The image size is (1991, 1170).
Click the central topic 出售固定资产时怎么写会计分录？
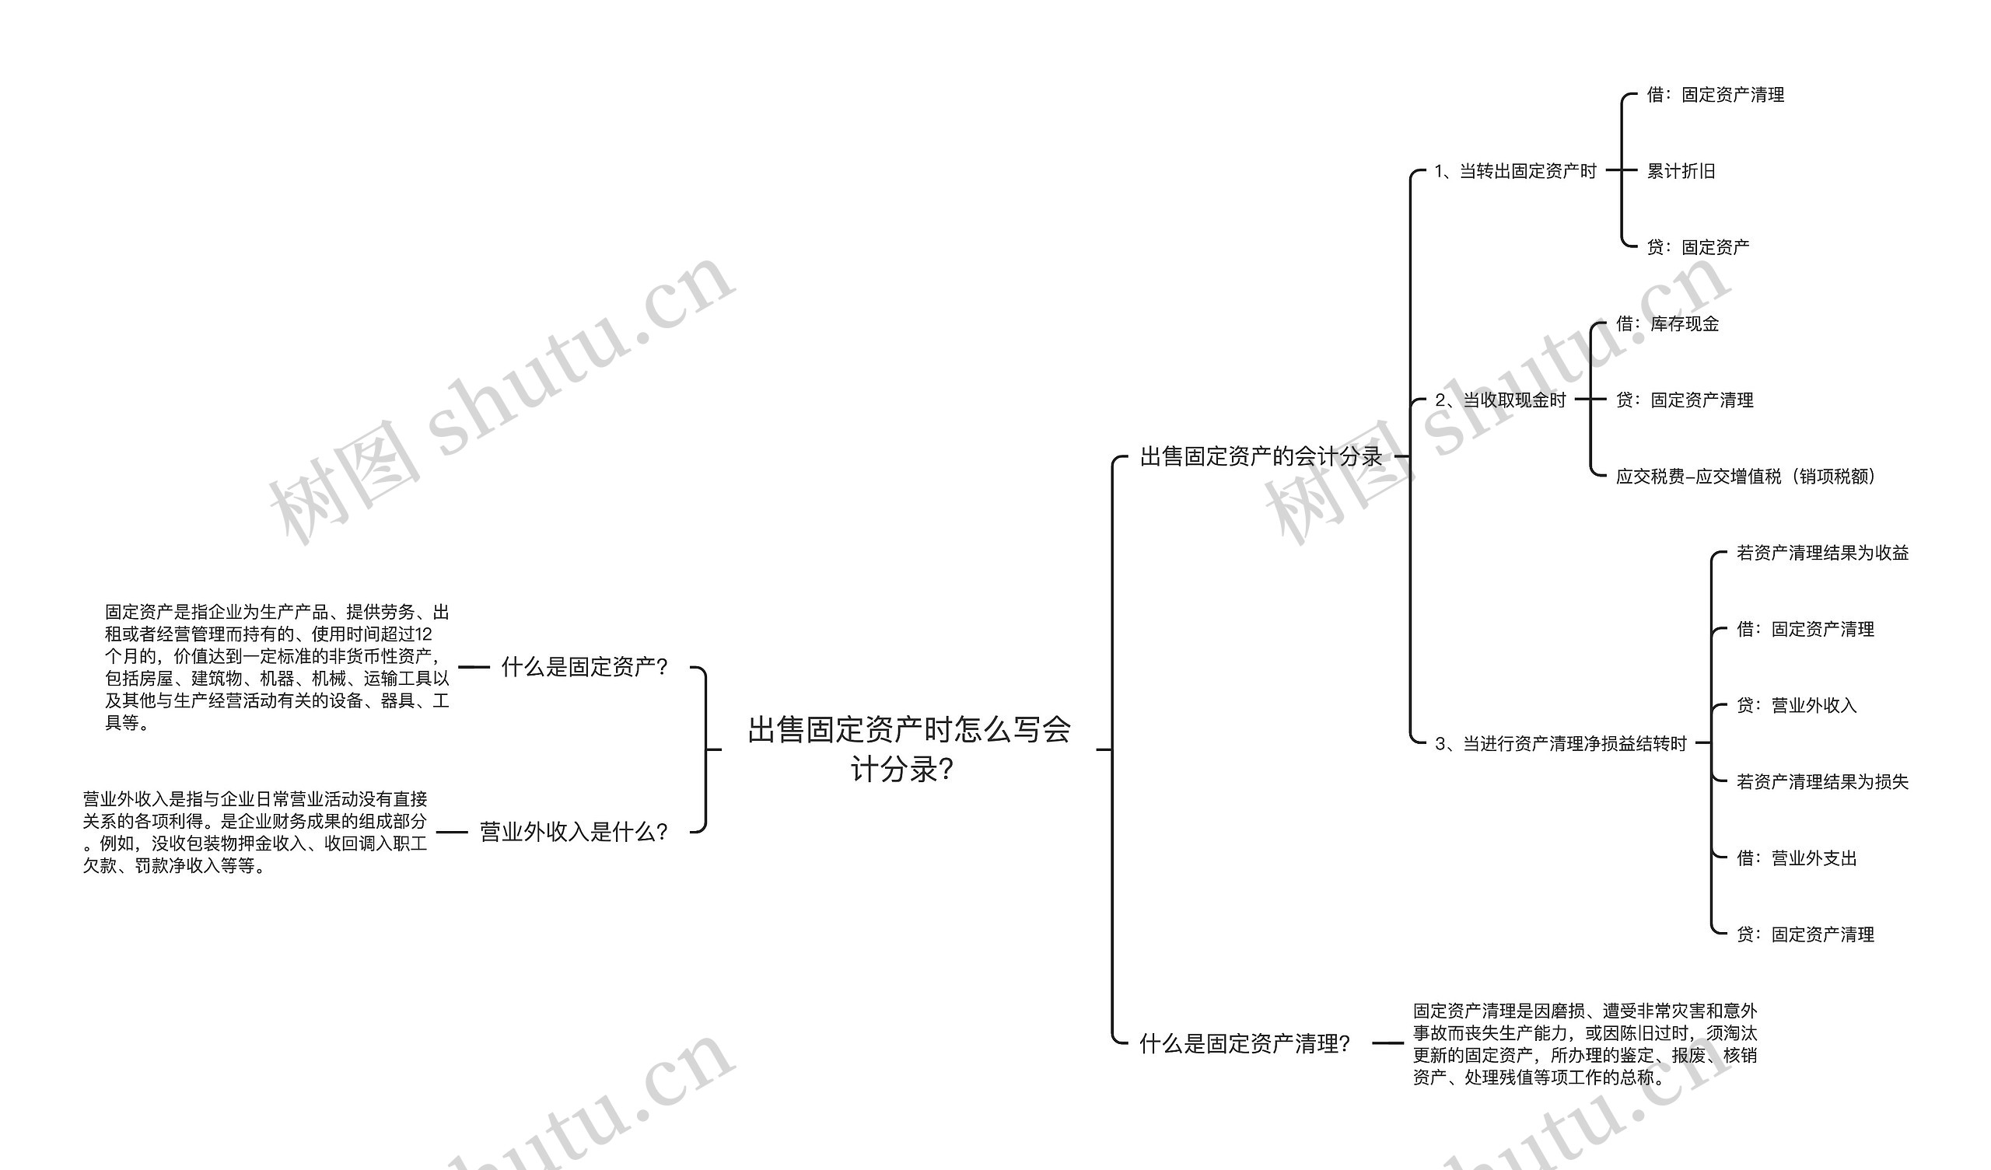(x=908, y=748)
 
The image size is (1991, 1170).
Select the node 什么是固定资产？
(x=585, y=667)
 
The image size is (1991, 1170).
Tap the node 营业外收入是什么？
(x=575, y=832)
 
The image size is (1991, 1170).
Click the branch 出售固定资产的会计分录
(x=1260, y=456)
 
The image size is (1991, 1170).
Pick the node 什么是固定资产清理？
(x=1244, y=1043)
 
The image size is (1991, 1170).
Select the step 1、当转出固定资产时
(x=1515, y=171)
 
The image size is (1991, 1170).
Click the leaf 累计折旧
(x=1681, y=171)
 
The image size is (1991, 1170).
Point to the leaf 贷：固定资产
(x=1698, y=247)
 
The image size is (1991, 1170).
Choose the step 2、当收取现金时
(x=1499, y=400)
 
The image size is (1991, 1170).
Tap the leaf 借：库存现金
(x=1667, y=323)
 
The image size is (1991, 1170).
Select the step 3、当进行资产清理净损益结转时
(x=1560, y=743)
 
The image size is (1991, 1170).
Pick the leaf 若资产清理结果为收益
(x=1822, y=553)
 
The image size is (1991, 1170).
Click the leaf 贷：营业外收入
(x=1796, y=704)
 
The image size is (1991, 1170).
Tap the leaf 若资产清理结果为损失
(x=1822, y=781)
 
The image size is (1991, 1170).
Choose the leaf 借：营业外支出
(x=1796, y=858)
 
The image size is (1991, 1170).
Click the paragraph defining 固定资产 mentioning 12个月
(x=277, y=667)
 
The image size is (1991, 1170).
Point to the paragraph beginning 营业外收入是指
(x=254, y=832)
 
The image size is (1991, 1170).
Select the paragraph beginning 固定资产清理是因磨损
(x=1584, y=1043)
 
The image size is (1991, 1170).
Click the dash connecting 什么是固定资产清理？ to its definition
(x=1387, y=1043)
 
